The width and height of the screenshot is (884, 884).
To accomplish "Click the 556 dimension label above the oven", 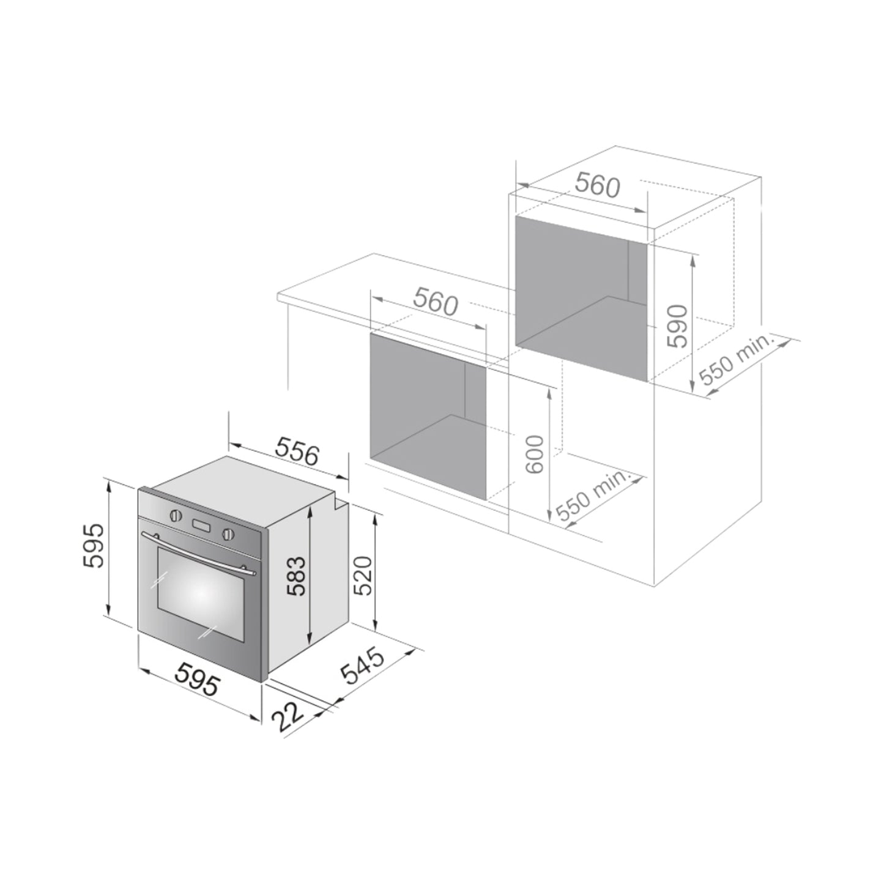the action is coord(297,451).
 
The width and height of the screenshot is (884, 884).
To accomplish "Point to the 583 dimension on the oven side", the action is coord(297,576).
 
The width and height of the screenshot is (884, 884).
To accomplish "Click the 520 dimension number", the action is coord(363,576).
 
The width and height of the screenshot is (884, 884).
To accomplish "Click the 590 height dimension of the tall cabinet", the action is coord(678,325).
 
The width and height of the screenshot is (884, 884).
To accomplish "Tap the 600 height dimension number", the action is coord(535,454).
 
